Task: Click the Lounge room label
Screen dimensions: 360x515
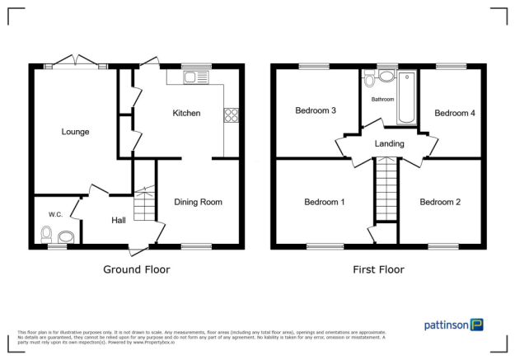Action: (x=74, y=132)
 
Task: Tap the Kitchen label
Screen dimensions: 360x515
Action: (x=185, y=113)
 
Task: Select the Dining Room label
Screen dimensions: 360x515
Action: (x=198, y=202)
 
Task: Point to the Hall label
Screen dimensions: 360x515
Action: (x=119, y=220)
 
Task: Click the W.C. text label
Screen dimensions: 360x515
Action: (x=55, y=214)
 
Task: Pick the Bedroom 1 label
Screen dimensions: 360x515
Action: (x=324, y=202)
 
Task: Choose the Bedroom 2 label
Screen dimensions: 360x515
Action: (x=439, y=202)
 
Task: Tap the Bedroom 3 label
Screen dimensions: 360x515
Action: (x=316, y=110)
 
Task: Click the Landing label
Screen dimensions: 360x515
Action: (x=389, y=144)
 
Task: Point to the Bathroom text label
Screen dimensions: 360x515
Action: (x=382, y=100)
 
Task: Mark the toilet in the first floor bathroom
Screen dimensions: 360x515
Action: (x=370, y=80)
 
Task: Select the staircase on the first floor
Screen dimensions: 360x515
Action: (x=386, y=188)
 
